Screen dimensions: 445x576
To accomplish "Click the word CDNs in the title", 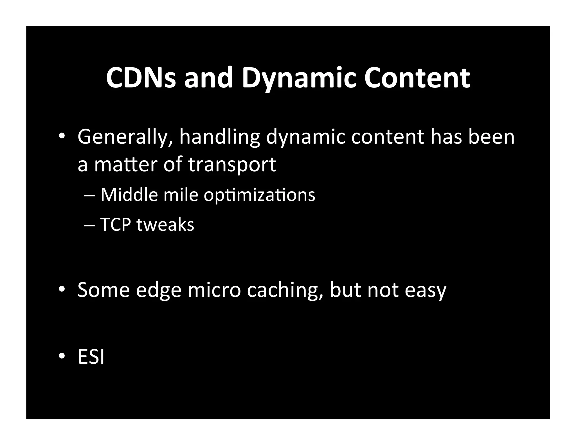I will point(141,78).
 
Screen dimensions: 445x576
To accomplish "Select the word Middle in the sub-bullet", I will point(129,195).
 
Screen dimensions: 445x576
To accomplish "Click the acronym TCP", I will point(116,224).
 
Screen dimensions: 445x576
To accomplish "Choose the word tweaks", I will point(165,224).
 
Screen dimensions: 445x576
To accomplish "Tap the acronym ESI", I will point(91,357).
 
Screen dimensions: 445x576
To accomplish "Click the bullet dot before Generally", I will point(62,136).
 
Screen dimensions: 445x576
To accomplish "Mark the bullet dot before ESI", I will point(62,356).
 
